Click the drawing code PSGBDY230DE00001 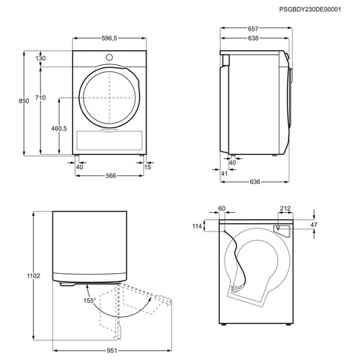point(310,9)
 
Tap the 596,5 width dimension point(110,38)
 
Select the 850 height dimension point(23,101)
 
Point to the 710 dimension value point(41,98)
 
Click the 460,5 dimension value point(59,128)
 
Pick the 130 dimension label point(41,59)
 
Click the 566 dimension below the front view point(110,176)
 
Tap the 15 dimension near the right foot point(148,167)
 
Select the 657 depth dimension point(253,29)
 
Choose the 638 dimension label point(253,38)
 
